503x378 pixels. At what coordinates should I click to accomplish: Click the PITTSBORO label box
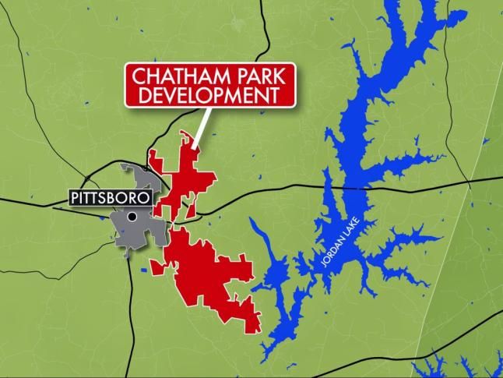(x=108, y=198)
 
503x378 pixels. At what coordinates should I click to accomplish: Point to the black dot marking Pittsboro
(x=133, y=217)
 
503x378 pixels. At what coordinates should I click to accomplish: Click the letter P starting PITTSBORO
(x=76, y=198)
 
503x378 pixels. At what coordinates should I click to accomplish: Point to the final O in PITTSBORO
(x=141, y=198)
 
